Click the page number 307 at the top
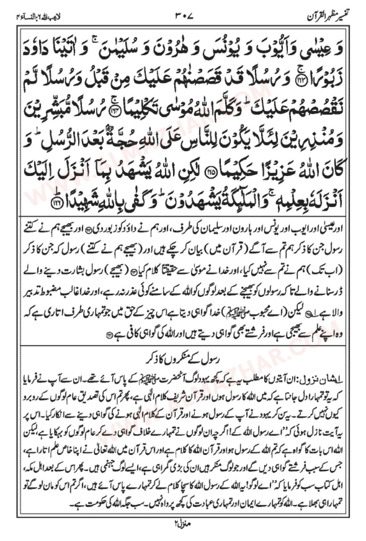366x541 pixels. pyautogui.click(x=184, y=16)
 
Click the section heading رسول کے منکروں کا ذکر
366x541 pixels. pyautogui.click(x=183, y=359)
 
